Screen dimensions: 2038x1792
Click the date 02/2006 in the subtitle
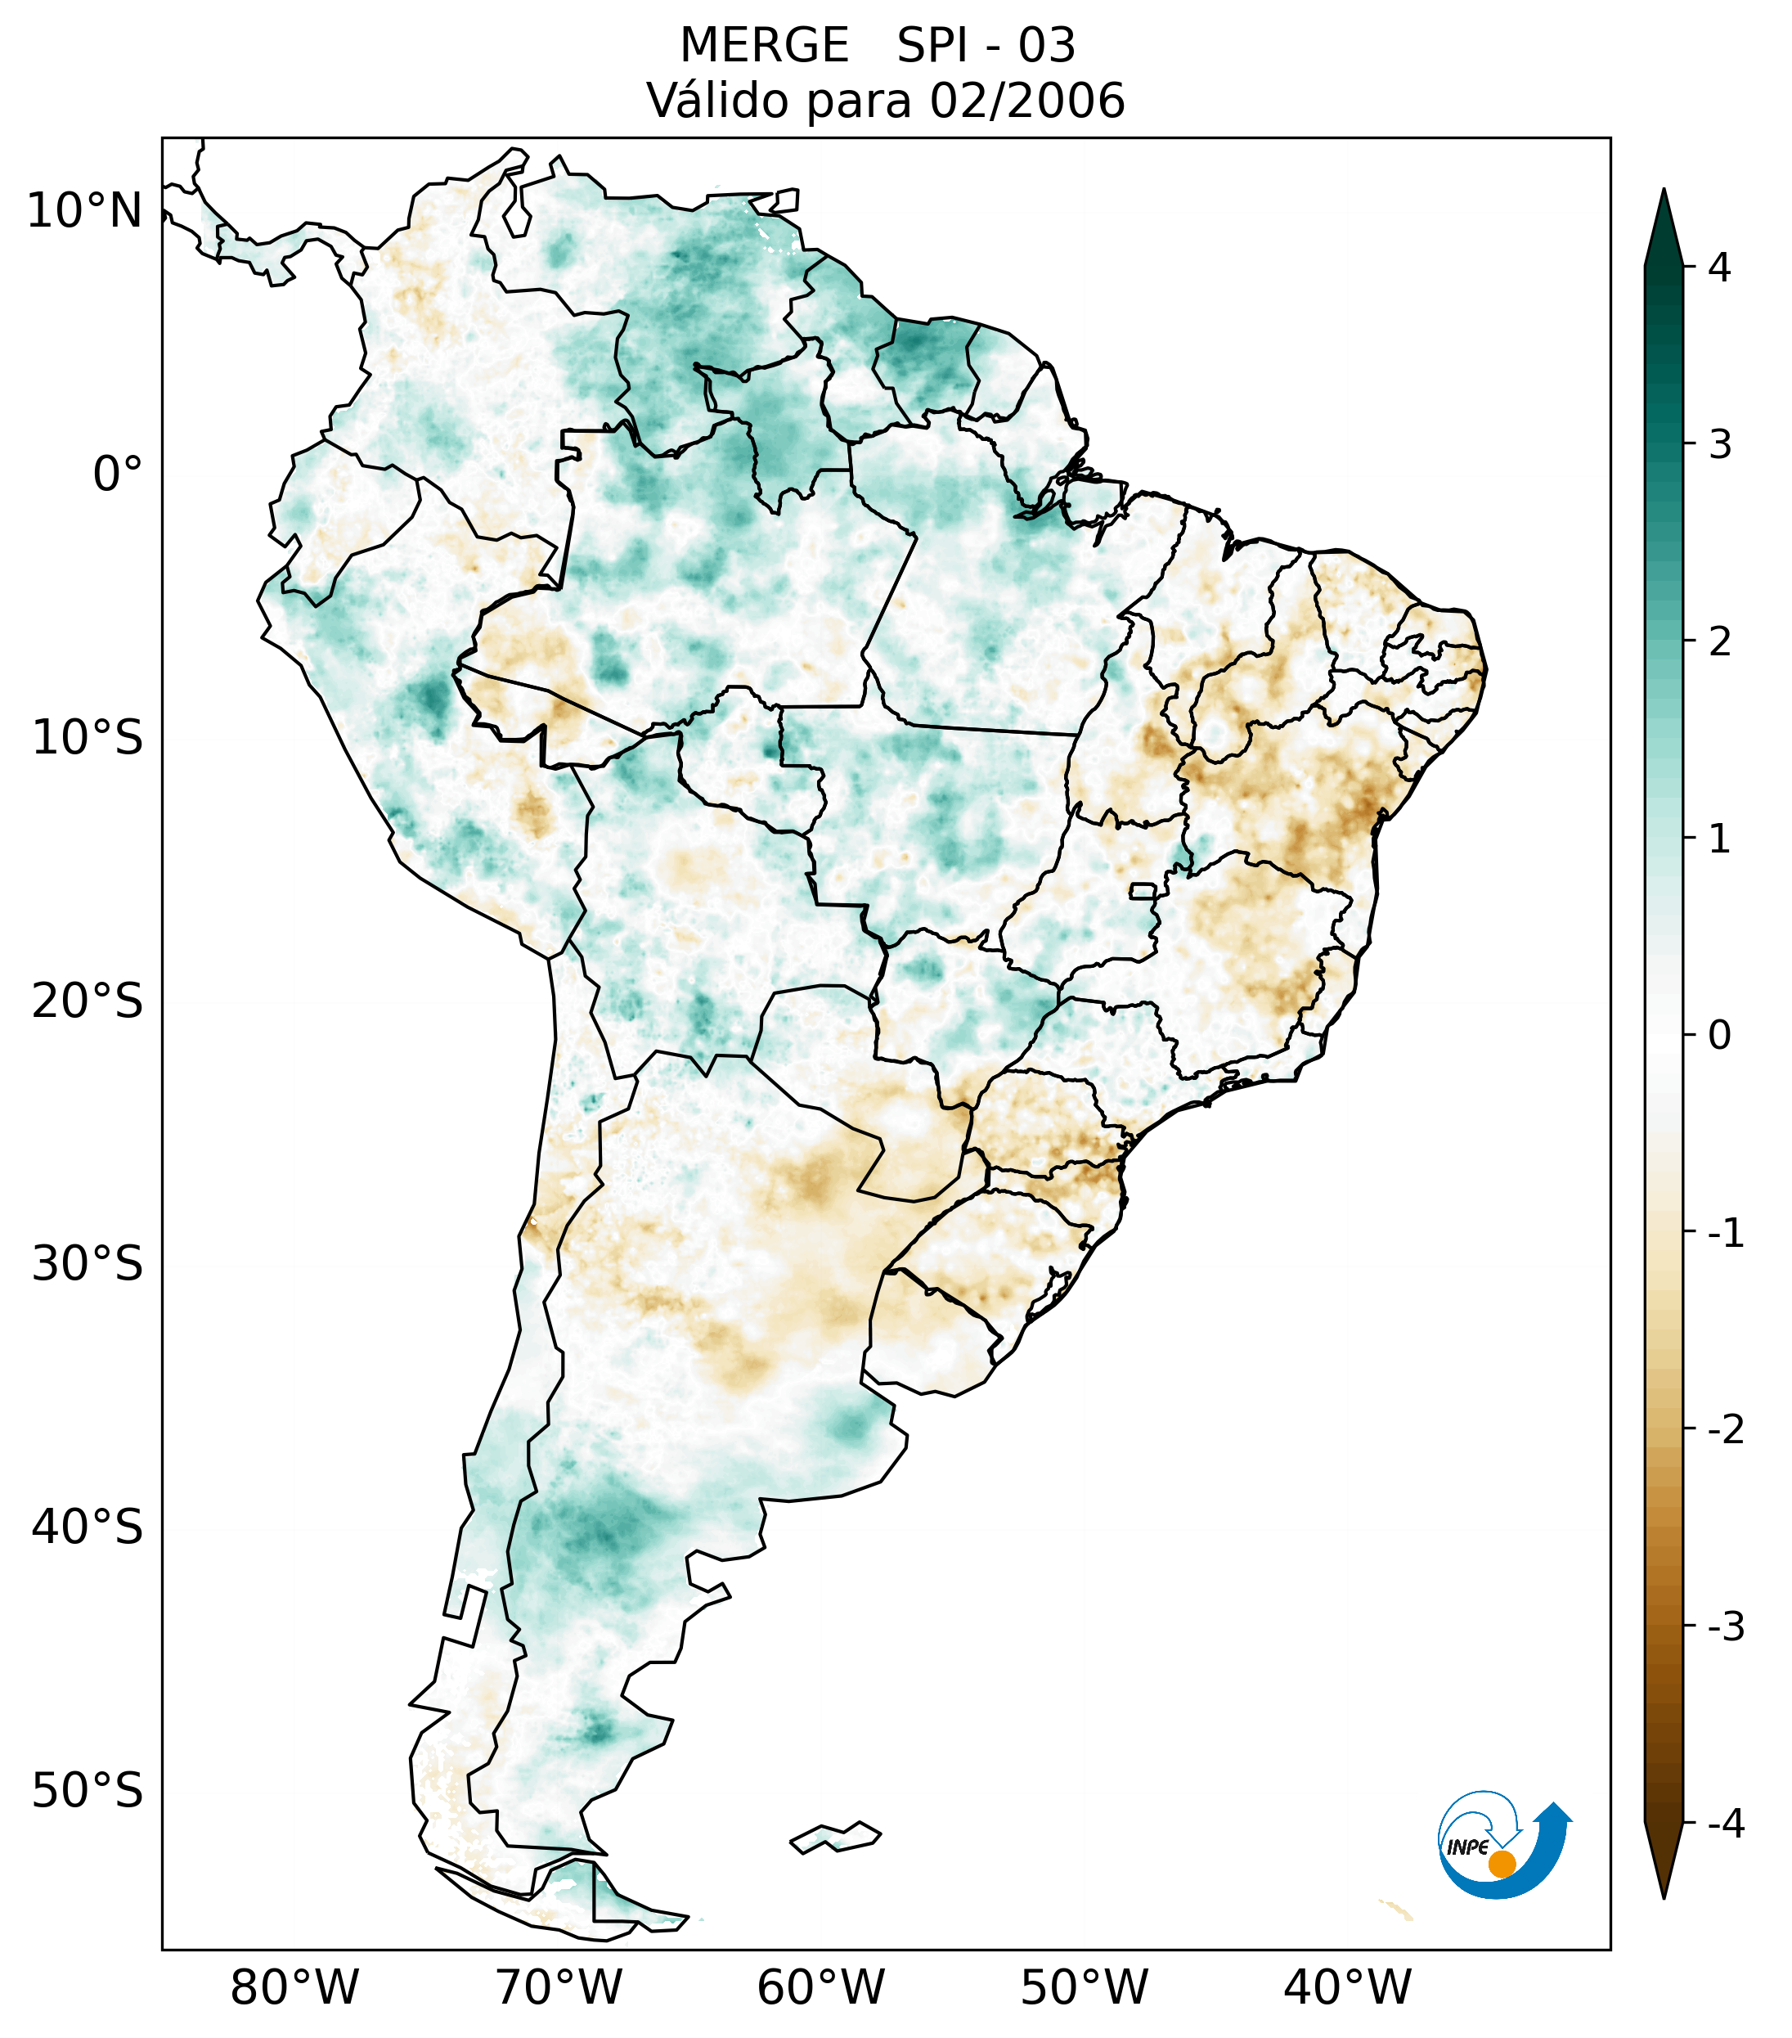(x=1026, y=101)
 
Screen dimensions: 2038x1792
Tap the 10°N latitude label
(x=85, y=210)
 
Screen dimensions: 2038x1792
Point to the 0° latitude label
(x=118, y=474)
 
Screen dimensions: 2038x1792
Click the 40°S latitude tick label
(x=88, y=1527)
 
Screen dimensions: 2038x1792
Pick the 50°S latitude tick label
(x=88, y=1791)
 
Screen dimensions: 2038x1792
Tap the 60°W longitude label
(x=820, y=1987)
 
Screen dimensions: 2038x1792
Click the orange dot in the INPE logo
(x=1501, y=1864)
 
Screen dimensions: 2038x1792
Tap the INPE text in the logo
(x=1467, y=1847)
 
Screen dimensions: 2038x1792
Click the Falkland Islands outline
(x=835, y=1837)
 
